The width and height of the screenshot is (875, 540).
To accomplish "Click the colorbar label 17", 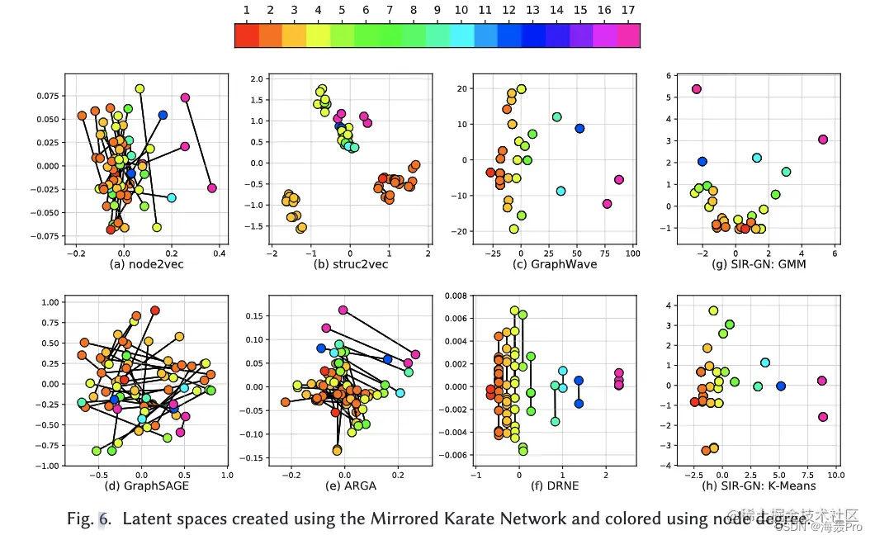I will pos(628,10).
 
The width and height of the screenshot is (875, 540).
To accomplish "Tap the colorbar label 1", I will pos(247,10).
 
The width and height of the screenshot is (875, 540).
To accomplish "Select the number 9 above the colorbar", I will pos(437,10).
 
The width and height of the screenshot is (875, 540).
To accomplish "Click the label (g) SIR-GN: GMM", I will pos(745,265).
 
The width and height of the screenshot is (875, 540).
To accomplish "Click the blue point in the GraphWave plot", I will pos(579,128).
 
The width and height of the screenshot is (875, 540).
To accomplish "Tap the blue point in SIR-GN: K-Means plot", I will pos(781,386).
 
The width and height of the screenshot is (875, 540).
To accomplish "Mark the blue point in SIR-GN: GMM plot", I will pos(702,162).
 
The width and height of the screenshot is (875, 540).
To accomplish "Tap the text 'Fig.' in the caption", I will pos(80,519).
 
